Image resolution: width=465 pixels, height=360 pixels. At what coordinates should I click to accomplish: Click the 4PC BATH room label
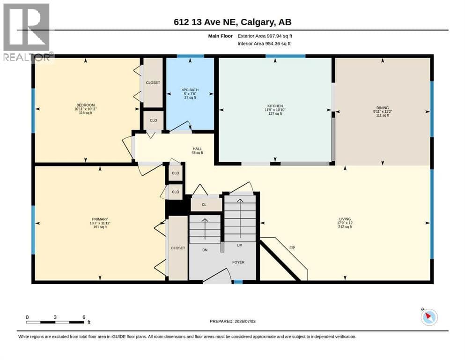point(190,90)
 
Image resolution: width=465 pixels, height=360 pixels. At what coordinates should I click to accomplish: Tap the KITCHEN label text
point(275,106)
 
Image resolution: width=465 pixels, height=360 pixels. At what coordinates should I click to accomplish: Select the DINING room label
point(383,108)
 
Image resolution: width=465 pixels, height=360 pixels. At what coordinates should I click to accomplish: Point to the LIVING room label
point(345,219)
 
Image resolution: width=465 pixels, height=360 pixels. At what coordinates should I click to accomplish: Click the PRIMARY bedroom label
point(100,219)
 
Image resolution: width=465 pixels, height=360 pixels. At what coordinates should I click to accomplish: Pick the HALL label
point(197,149)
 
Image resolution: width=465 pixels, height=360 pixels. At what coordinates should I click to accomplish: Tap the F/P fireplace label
point(292,248)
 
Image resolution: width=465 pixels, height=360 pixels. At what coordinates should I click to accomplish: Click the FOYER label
point(238,262)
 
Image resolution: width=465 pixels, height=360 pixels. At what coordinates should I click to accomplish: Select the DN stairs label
point(205,250)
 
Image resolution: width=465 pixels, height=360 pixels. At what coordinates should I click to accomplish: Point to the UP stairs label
point(240,245)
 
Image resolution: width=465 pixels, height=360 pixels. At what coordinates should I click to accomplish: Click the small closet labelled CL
point(204,204)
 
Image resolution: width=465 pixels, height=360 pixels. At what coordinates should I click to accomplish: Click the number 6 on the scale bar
point(84,317)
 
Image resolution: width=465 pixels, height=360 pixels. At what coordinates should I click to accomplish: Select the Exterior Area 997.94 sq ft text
point(265,36)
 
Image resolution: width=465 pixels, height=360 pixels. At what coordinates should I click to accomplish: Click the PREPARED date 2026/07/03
point(244,321)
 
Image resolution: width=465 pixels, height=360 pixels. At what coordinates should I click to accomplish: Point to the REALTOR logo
point(26,32)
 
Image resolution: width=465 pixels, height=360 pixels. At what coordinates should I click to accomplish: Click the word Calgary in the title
point(257,22)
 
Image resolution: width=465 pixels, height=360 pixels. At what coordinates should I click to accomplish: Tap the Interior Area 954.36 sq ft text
point(264,44)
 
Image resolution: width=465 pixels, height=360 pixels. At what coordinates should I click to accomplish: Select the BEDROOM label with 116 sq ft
point(86,105)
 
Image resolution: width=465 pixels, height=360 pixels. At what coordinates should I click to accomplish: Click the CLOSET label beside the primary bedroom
point(178,248)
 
